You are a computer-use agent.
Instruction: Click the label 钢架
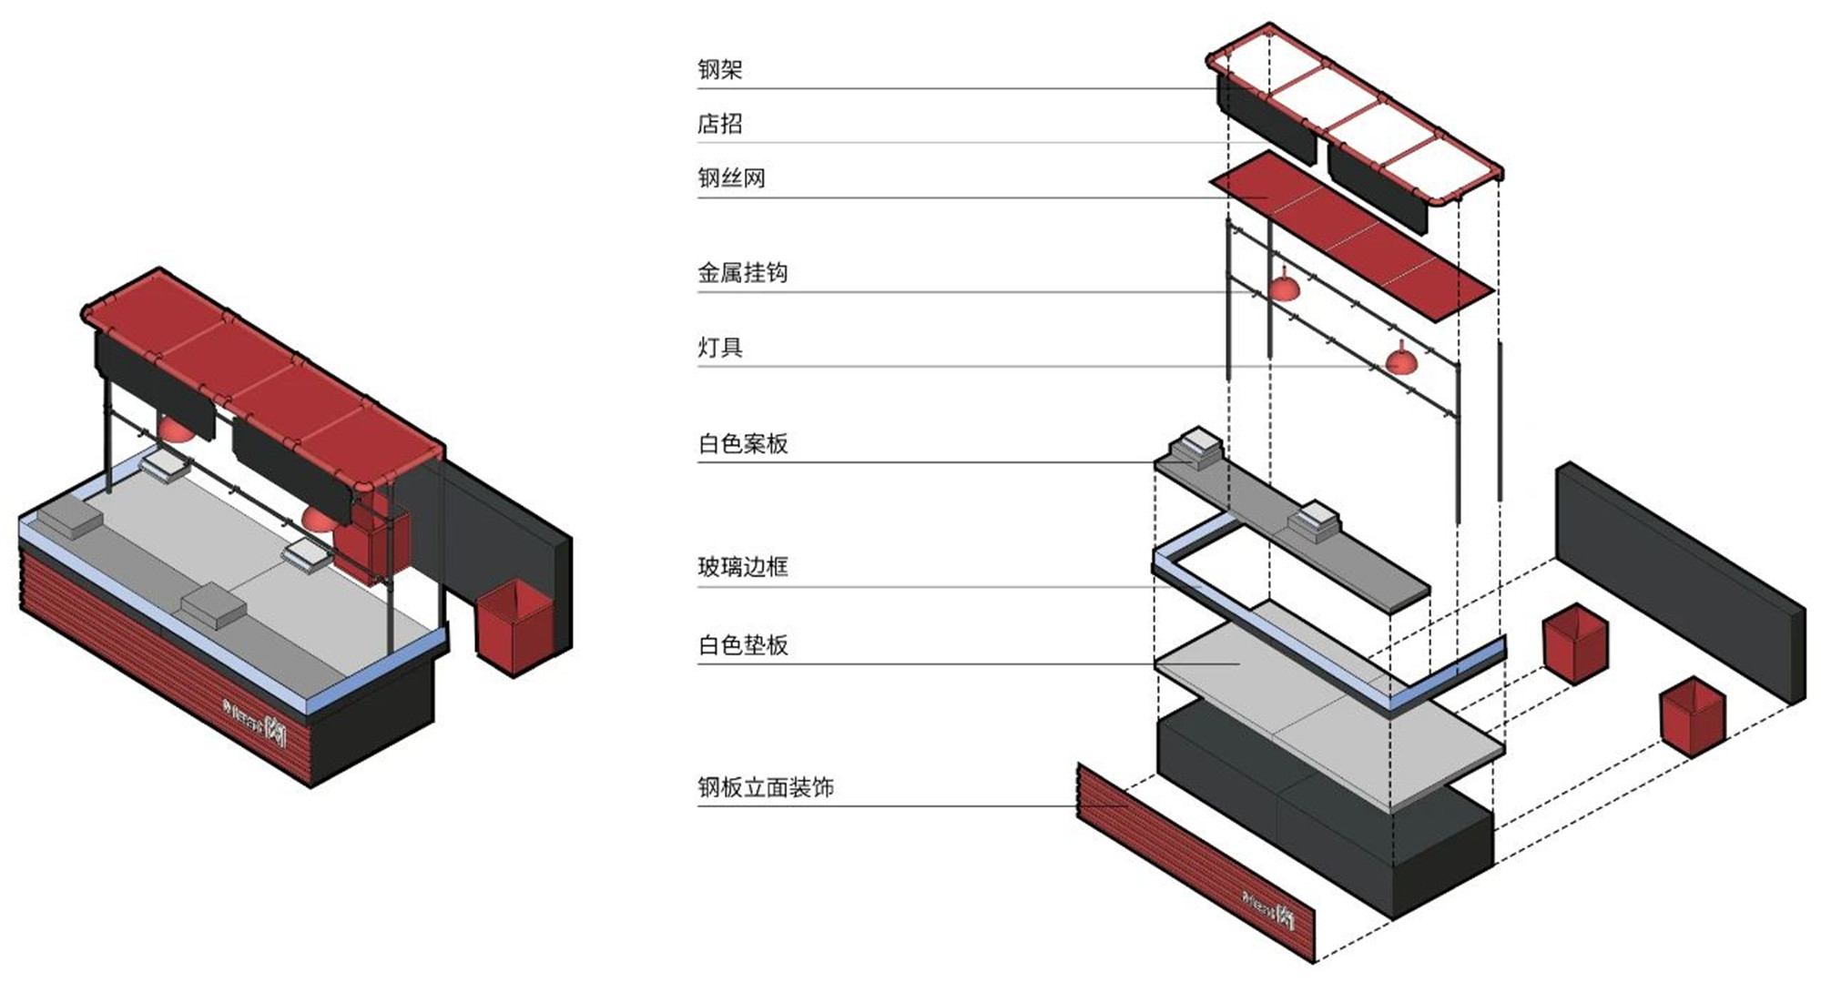coord(719,69)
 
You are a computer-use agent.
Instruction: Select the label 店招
coord(719,123)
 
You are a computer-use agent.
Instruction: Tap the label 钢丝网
coord(731,177)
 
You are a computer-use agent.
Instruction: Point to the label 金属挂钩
coord(742,272)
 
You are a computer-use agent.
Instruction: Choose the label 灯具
coord(719,347)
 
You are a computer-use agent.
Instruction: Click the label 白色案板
coord(742,443)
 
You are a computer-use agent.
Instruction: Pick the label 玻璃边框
coord(742,567)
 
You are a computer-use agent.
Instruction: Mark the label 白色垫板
coord(742,645)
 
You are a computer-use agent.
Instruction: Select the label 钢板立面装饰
coord(765,787)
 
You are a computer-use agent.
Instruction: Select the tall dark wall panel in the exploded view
coord(1680,582)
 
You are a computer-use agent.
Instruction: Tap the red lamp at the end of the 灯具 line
coord(1400,361)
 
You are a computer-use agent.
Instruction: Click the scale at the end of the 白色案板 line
coord(1195,445)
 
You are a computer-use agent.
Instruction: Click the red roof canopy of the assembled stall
coord(264,364)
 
